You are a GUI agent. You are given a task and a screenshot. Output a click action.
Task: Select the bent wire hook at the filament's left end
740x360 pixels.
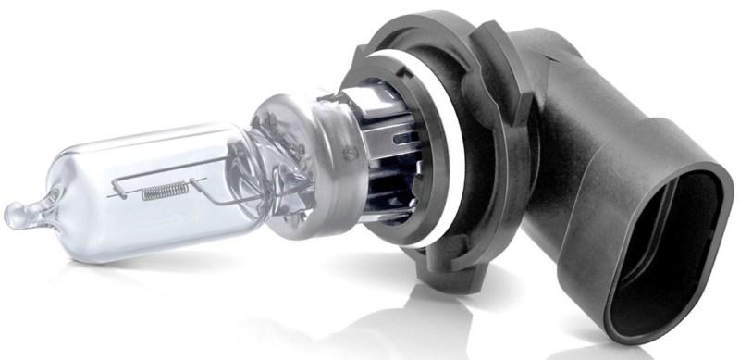[118, 193]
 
